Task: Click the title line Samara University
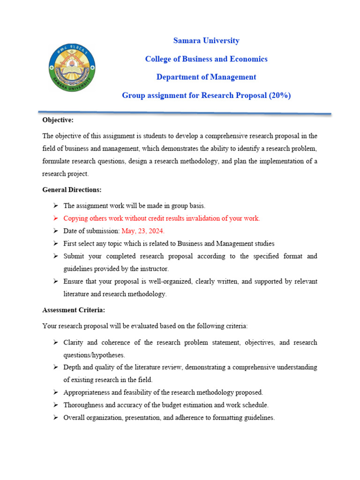pos(206,41)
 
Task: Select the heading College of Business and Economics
pos(206,59)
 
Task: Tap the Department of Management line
pos(206,77)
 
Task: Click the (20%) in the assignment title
pos(280,95)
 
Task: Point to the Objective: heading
pos(58,120)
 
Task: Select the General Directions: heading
pos(72,190)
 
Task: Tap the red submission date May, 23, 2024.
pos(143,231)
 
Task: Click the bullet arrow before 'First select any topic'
pos(55,244)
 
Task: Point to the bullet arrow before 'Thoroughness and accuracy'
pos(55,405)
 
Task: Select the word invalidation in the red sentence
pos(203,218)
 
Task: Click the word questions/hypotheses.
pos(94,355)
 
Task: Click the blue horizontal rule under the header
pos(185,112)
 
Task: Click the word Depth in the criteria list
pos(72,367)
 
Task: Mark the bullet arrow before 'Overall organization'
pos(55,418)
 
